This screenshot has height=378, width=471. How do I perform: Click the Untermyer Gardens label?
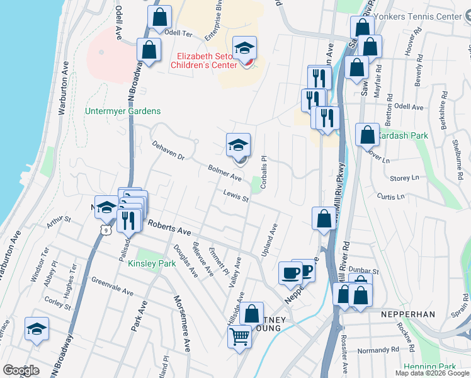tap(123, 112)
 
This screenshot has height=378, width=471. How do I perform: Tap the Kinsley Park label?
tap(152, 264)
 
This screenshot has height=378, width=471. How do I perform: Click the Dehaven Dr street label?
tap(167, 149)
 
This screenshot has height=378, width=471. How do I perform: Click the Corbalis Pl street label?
tap(265, 167)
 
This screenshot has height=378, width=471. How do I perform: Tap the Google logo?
tap(21, 370)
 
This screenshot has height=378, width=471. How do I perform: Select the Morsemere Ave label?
tap(182, 323)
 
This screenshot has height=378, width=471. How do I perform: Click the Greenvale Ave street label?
tap(112, 287)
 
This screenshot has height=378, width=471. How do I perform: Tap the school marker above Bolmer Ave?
tap(239, 146)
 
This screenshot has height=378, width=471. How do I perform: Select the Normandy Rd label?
tap(378, 350)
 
